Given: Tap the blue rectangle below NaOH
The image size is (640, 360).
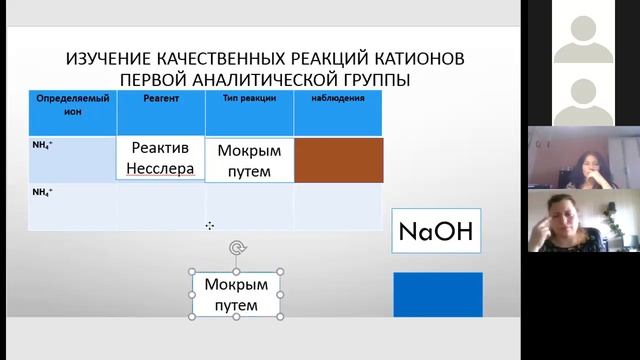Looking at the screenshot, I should (437, 295).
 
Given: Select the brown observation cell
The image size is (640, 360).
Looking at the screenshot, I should (338, 160).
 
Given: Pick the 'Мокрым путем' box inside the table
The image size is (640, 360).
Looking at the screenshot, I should (250, 161).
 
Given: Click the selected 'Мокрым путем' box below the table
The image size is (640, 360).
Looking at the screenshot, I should (237, 294).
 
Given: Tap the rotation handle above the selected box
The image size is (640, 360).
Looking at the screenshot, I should (237, 248).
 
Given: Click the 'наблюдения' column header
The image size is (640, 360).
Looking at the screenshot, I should (337, 99).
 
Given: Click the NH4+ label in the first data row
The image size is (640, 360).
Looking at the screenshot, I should (43, 146).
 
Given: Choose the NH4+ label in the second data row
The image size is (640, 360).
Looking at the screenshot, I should (43, 191).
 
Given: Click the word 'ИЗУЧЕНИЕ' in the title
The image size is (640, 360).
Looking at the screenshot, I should (111, 59).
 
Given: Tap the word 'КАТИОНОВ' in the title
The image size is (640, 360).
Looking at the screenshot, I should (413, 59).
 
